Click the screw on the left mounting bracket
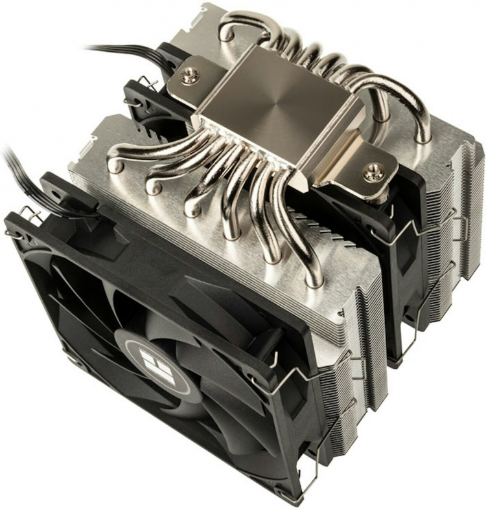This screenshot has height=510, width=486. click(x=190, y=76)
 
